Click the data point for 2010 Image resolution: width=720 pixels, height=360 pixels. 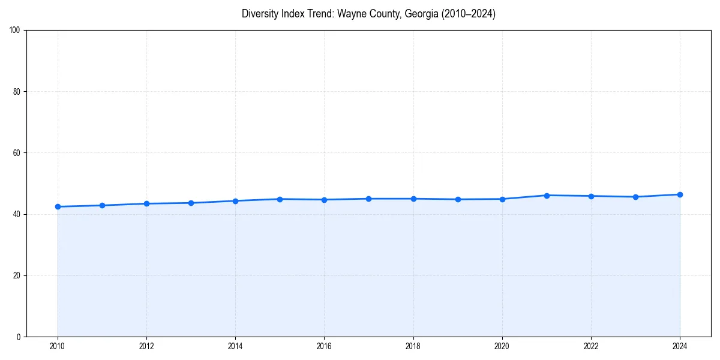pos(58,206)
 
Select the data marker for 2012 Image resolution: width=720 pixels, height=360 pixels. pos(146,203)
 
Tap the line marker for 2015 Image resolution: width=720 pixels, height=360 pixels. pos(280,199)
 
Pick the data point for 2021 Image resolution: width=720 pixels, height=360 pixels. pos(547,196)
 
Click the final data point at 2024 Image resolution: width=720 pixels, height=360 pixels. pos(680,194)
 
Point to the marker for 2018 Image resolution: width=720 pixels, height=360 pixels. pos(413,199)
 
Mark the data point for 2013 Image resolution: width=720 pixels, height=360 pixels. pos(191,203)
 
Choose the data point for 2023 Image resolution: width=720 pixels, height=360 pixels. pos(635,197)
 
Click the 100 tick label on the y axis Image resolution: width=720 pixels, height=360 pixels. pos(15,31)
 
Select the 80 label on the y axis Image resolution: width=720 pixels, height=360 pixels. pos(17,92)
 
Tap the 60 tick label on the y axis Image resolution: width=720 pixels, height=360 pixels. pos(17,153)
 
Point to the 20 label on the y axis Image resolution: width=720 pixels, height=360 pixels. pos(17,275)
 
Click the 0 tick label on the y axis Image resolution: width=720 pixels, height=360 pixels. pos(19,337)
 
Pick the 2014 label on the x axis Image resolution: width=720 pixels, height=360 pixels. pos(235,346)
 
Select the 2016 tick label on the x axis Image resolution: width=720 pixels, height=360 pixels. pos(324,346)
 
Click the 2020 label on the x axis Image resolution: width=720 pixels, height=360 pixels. pos(502,346)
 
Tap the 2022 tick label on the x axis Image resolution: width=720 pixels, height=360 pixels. pos(591,346)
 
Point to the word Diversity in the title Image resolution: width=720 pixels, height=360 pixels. pos(260,14)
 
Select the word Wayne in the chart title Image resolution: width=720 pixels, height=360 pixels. pos(350,14)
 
